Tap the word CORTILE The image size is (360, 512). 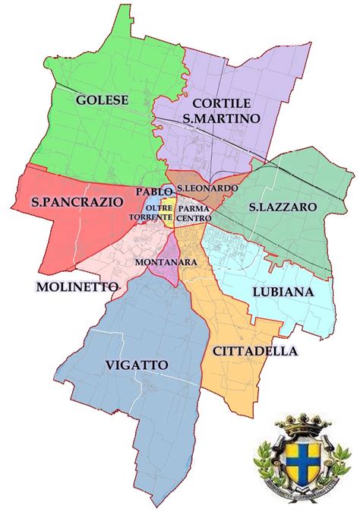point(221,103)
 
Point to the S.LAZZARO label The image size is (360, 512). point(283,207)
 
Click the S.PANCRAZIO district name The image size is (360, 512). point(67,202)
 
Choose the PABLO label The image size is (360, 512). point(154,192)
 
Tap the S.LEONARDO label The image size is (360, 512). point(207,188)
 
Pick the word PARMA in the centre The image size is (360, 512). point(194,208)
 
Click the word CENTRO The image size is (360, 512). point(194,219)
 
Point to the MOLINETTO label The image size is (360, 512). point(76,286)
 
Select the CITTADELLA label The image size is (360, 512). point(254,351)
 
